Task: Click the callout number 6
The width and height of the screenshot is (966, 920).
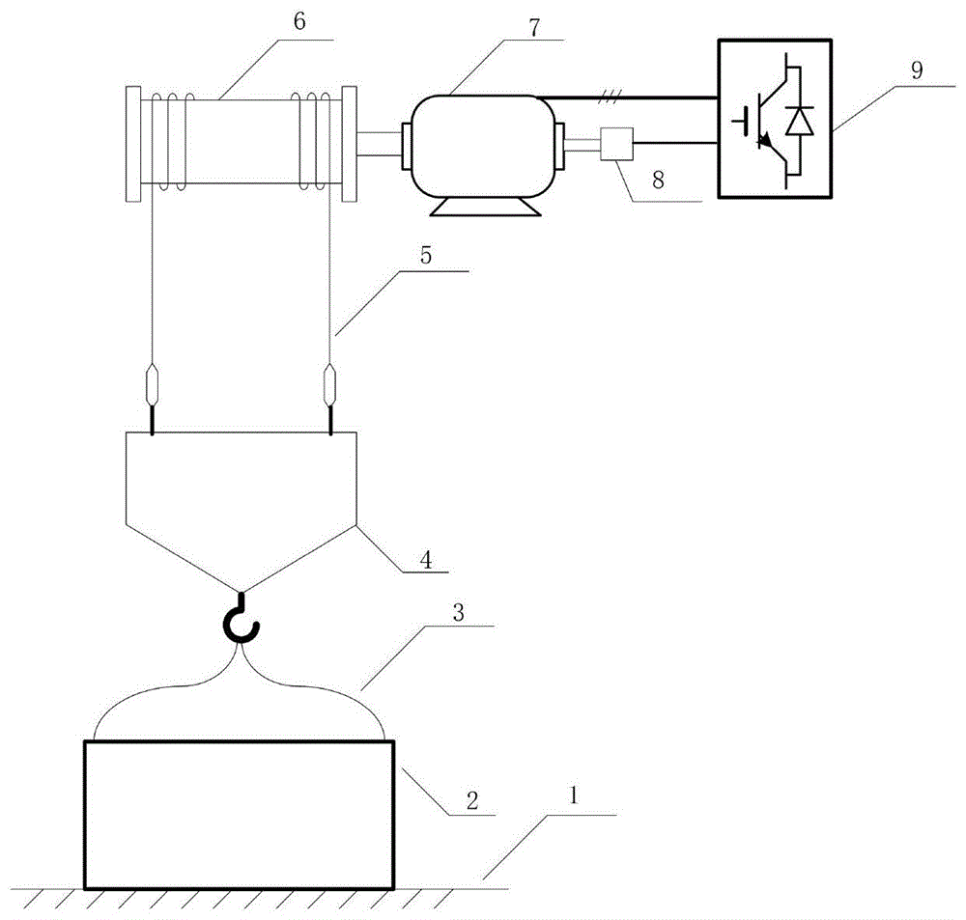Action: pos(298,21)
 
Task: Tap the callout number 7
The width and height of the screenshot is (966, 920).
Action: pos(533,28)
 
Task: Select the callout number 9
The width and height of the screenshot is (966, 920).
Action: pos(917,70)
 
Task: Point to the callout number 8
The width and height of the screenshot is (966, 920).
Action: pos(658,180)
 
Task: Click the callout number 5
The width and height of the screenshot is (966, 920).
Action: pos(426,255)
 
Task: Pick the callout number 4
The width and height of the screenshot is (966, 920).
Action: pos(426,560)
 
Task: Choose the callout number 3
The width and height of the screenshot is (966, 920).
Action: pos(458,613)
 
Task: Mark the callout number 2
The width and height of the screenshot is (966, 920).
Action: pos(472,800)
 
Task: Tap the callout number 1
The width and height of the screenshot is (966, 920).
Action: pos(574,795)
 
